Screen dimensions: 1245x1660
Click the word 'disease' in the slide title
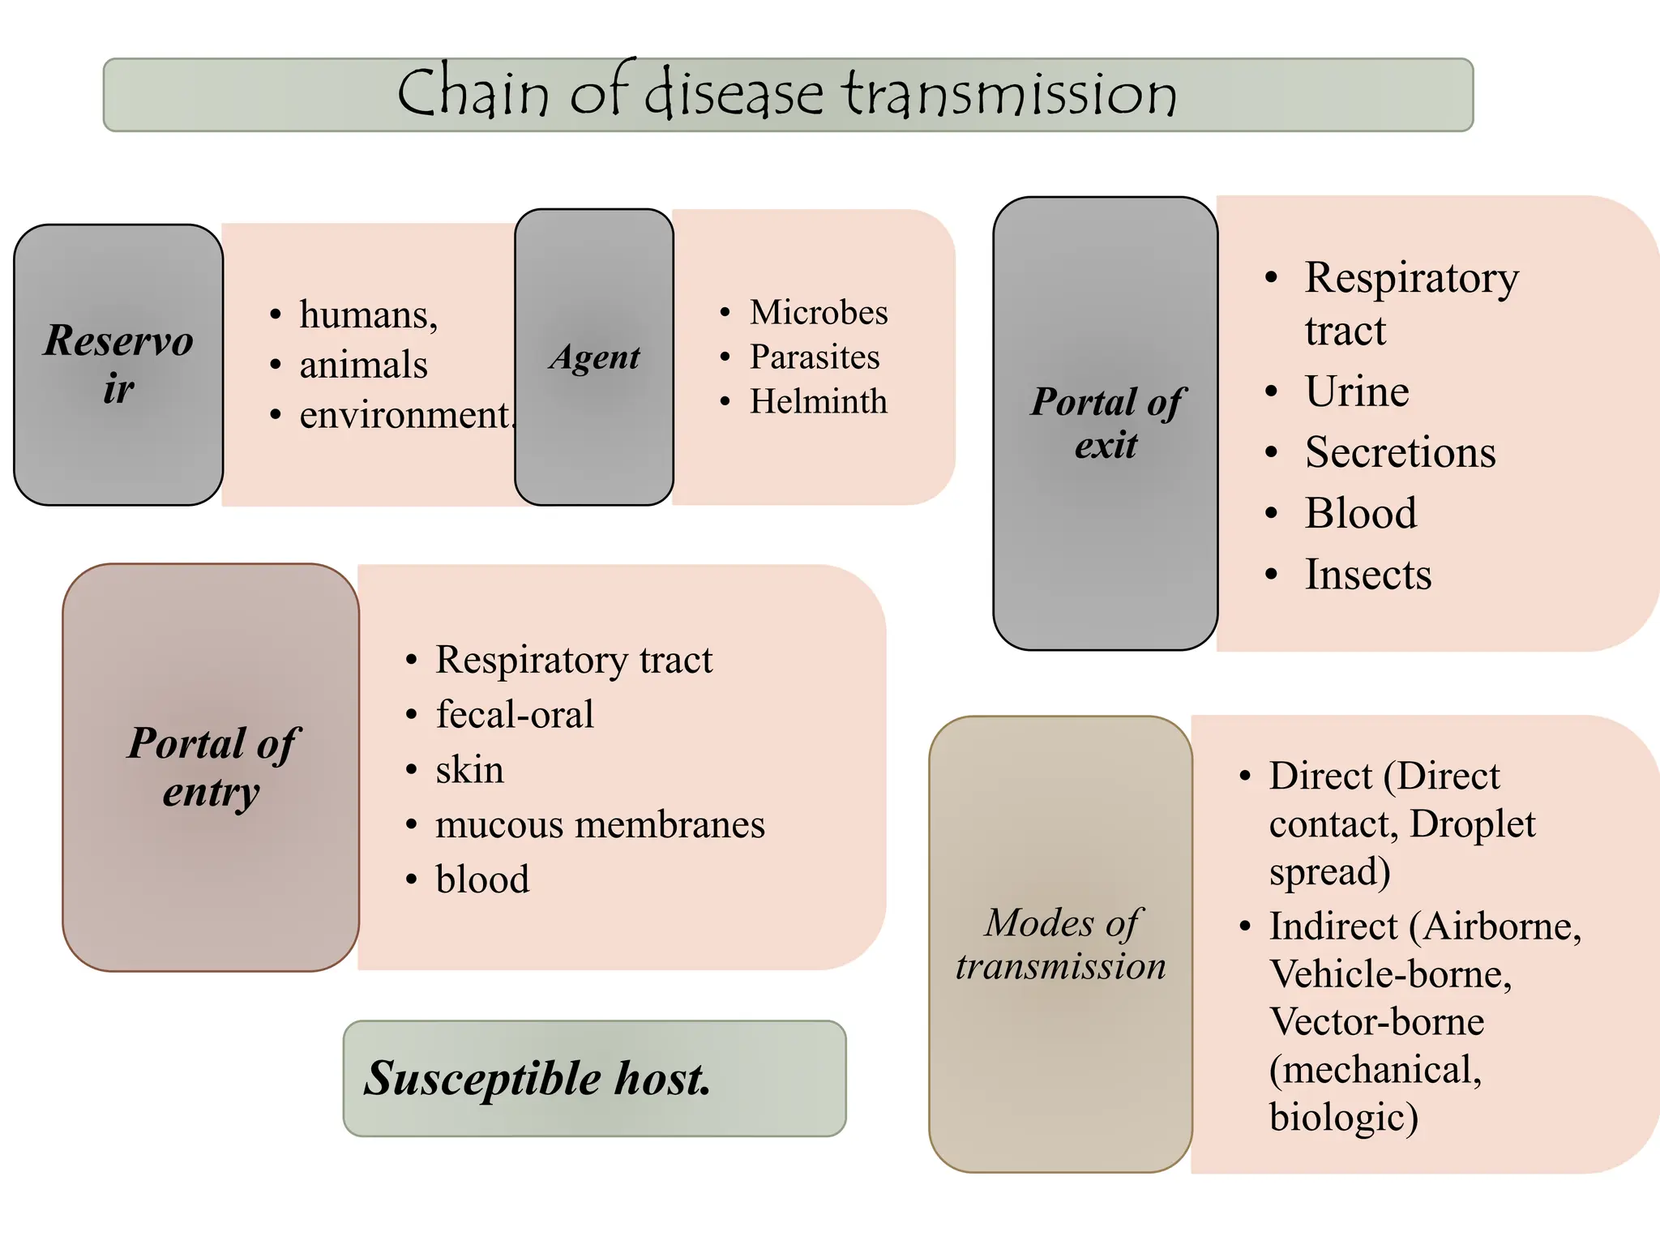tap(734, 94)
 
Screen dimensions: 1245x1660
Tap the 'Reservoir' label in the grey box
tap(118, 364)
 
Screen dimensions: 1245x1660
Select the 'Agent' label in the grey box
tap(594, 357)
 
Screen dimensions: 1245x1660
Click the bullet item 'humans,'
tap(369, 314)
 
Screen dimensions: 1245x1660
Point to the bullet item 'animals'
tap(363, 365)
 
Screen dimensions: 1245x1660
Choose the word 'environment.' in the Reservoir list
tap(407, 415)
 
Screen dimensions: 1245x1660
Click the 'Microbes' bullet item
tap(818, 313)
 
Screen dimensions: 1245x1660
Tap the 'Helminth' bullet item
tap(818, 402)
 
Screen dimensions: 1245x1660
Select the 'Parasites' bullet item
tap(814, 357)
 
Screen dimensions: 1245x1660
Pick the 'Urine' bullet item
tap(1357, 391)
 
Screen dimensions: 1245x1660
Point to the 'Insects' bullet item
tap(1368, 575)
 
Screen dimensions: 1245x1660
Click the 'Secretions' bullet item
tap(1400, 452)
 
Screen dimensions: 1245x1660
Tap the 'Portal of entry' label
tap(212, 767)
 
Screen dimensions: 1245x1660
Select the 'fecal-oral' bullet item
tap(515, 715)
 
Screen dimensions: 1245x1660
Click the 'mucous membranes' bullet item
tap(600, 825)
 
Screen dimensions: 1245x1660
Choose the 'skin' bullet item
tap(469, 770)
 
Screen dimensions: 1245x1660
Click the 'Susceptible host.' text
tap(537, 1079)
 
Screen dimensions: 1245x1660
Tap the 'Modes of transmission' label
tap(1060, 944)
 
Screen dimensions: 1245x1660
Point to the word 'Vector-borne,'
tap(1376, 1021)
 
